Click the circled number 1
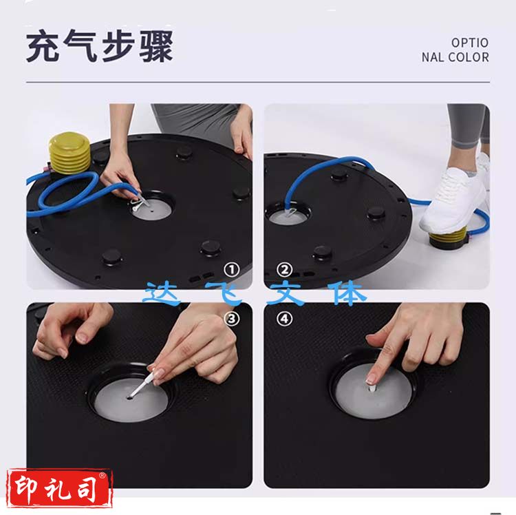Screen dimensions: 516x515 [232, 270]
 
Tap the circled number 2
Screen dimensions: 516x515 [284, 270]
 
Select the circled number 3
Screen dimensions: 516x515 [232, 318]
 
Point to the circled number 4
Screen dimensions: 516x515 [284, 318]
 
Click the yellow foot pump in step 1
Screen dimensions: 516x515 [69, 153]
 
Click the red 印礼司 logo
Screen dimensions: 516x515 [60, 488]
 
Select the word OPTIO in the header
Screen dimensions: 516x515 [470, 43]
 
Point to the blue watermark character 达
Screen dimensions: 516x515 [161, 293]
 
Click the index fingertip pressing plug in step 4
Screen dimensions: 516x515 [371, 379]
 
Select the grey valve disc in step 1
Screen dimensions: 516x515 [153, 209]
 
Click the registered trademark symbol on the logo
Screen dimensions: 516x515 [103, 475]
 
